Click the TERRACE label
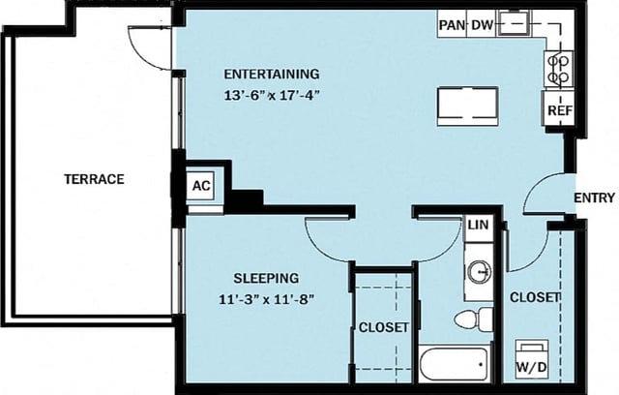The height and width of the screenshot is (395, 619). point(94,179)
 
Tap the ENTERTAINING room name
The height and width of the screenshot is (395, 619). point(272,75)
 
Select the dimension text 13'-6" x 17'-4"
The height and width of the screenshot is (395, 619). point(272,96)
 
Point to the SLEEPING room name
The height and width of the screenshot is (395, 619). point(259,278)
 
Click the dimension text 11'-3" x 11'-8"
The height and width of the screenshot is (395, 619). point(267,299)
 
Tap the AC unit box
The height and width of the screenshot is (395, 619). point(201,185)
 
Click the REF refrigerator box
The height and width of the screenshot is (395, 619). point(559,109)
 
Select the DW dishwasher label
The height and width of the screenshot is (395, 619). point(481,24)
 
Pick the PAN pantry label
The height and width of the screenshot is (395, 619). point(451,24)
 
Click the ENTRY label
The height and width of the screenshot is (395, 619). point(594,198)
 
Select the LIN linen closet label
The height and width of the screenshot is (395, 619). point(477,225)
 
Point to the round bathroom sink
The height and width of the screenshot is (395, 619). point(478,272)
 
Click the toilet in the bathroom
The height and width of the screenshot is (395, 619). point(472,319)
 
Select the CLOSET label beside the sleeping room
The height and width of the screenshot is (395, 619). point(384,327)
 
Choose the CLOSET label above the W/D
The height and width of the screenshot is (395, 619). point(535,297)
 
